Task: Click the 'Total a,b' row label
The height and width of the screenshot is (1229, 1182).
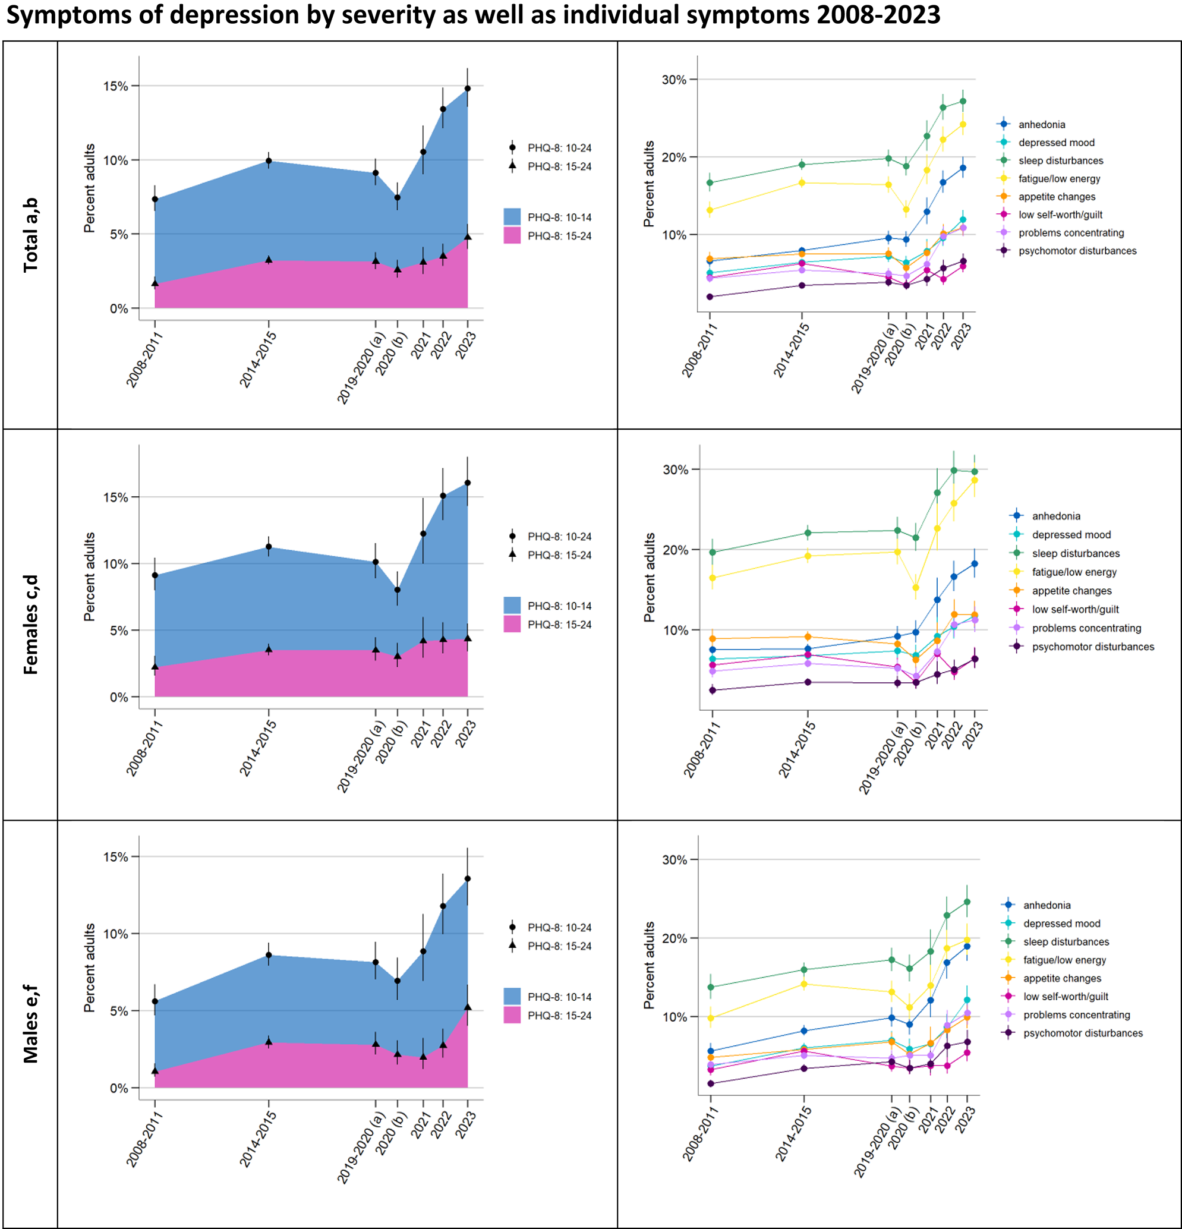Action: pos(30,235)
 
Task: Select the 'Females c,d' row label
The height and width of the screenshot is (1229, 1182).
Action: pos(30,625)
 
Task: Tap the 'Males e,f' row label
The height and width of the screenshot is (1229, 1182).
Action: pos(30,1023)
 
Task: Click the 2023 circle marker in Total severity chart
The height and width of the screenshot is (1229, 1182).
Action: pos(467,89)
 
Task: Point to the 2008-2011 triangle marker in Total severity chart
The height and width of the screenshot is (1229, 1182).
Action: pos(155,283)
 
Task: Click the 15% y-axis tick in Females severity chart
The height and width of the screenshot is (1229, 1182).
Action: pos(115,497)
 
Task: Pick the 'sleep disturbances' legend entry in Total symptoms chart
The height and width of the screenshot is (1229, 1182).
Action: pos(1060,160)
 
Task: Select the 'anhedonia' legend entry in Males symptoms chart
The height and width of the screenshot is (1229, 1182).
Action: pos(1047,905)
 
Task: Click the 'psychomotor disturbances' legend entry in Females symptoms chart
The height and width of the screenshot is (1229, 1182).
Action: pos(1092,647)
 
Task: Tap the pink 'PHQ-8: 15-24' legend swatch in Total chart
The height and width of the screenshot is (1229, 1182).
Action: pos(512,236)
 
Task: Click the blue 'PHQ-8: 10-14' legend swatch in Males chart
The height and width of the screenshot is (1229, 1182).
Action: pos(512,997)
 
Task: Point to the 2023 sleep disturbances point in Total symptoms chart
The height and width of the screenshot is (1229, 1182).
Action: pos(963,101)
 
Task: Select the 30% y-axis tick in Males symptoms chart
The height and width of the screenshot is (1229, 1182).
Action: pos(674,860)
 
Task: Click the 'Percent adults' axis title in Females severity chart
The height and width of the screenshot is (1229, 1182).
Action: pos(90,577)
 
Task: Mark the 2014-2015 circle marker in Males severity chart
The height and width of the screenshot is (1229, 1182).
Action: pos(269,955)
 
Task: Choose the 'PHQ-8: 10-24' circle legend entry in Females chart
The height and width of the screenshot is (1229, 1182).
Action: pos(559,536)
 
